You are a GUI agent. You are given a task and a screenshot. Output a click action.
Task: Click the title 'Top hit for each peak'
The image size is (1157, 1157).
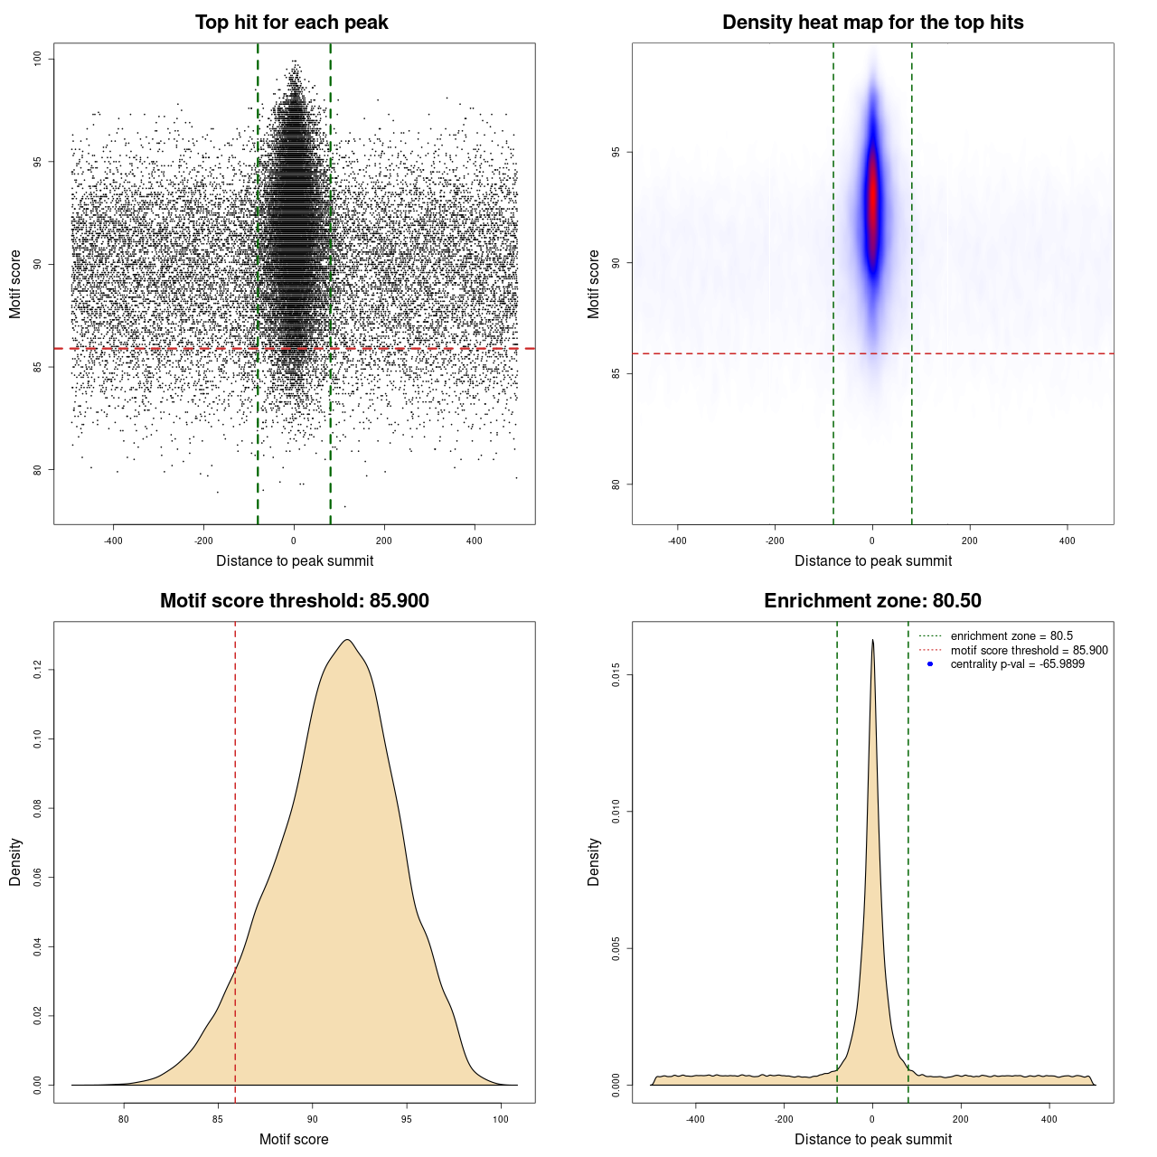tap(291, 23)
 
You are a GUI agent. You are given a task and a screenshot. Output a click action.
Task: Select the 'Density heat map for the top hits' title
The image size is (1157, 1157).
tap(872, 23)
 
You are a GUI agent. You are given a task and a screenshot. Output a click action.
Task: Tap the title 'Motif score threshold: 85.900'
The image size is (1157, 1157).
tap(294, 601)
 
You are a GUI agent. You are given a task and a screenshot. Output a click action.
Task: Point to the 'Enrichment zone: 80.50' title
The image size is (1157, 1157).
tap(872, 601)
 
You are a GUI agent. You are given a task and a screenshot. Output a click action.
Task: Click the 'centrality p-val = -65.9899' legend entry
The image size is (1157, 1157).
tap(1017, 664)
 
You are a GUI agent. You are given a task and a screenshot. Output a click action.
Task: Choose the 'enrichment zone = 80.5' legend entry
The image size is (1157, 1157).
tap(1011, 636)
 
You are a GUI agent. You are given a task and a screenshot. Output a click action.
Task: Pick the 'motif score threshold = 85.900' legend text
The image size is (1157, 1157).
tap(1029, 651)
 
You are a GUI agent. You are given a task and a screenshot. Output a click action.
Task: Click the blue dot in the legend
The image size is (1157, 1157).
tap(930, 664)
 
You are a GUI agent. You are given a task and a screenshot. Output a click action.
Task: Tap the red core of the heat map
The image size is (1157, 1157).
tap(872, 199)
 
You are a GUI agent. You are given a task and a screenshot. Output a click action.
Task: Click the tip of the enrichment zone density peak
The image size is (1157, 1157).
tap(872, 641)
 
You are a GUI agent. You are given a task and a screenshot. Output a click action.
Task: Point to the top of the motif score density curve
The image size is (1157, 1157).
tap(347, 641)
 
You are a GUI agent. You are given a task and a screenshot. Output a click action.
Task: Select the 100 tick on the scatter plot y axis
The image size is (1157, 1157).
tap(37, 59)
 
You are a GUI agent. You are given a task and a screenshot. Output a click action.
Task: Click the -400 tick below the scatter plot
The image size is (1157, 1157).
tap(113, 541)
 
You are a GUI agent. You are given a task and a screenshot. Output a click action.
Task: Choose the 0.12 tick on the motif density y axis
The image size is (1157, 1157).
tap(37, 670)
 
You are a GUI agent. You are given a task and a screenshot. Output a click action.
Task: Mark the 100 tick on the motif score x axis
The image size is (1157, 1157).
tap(501, 1119)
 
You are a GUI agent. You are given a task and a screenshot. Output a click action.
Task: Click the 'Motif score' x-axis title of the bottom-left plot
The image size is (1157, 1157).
tap(294, 1139)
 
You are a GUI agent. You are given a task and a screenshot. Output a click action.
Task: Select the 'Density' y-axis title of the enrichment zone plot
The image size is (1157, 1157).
tap(594, 861)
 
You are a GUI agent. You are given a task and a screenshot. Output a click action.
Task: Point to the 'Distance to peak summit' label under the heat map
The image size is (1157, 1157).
tap(872, 560)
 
